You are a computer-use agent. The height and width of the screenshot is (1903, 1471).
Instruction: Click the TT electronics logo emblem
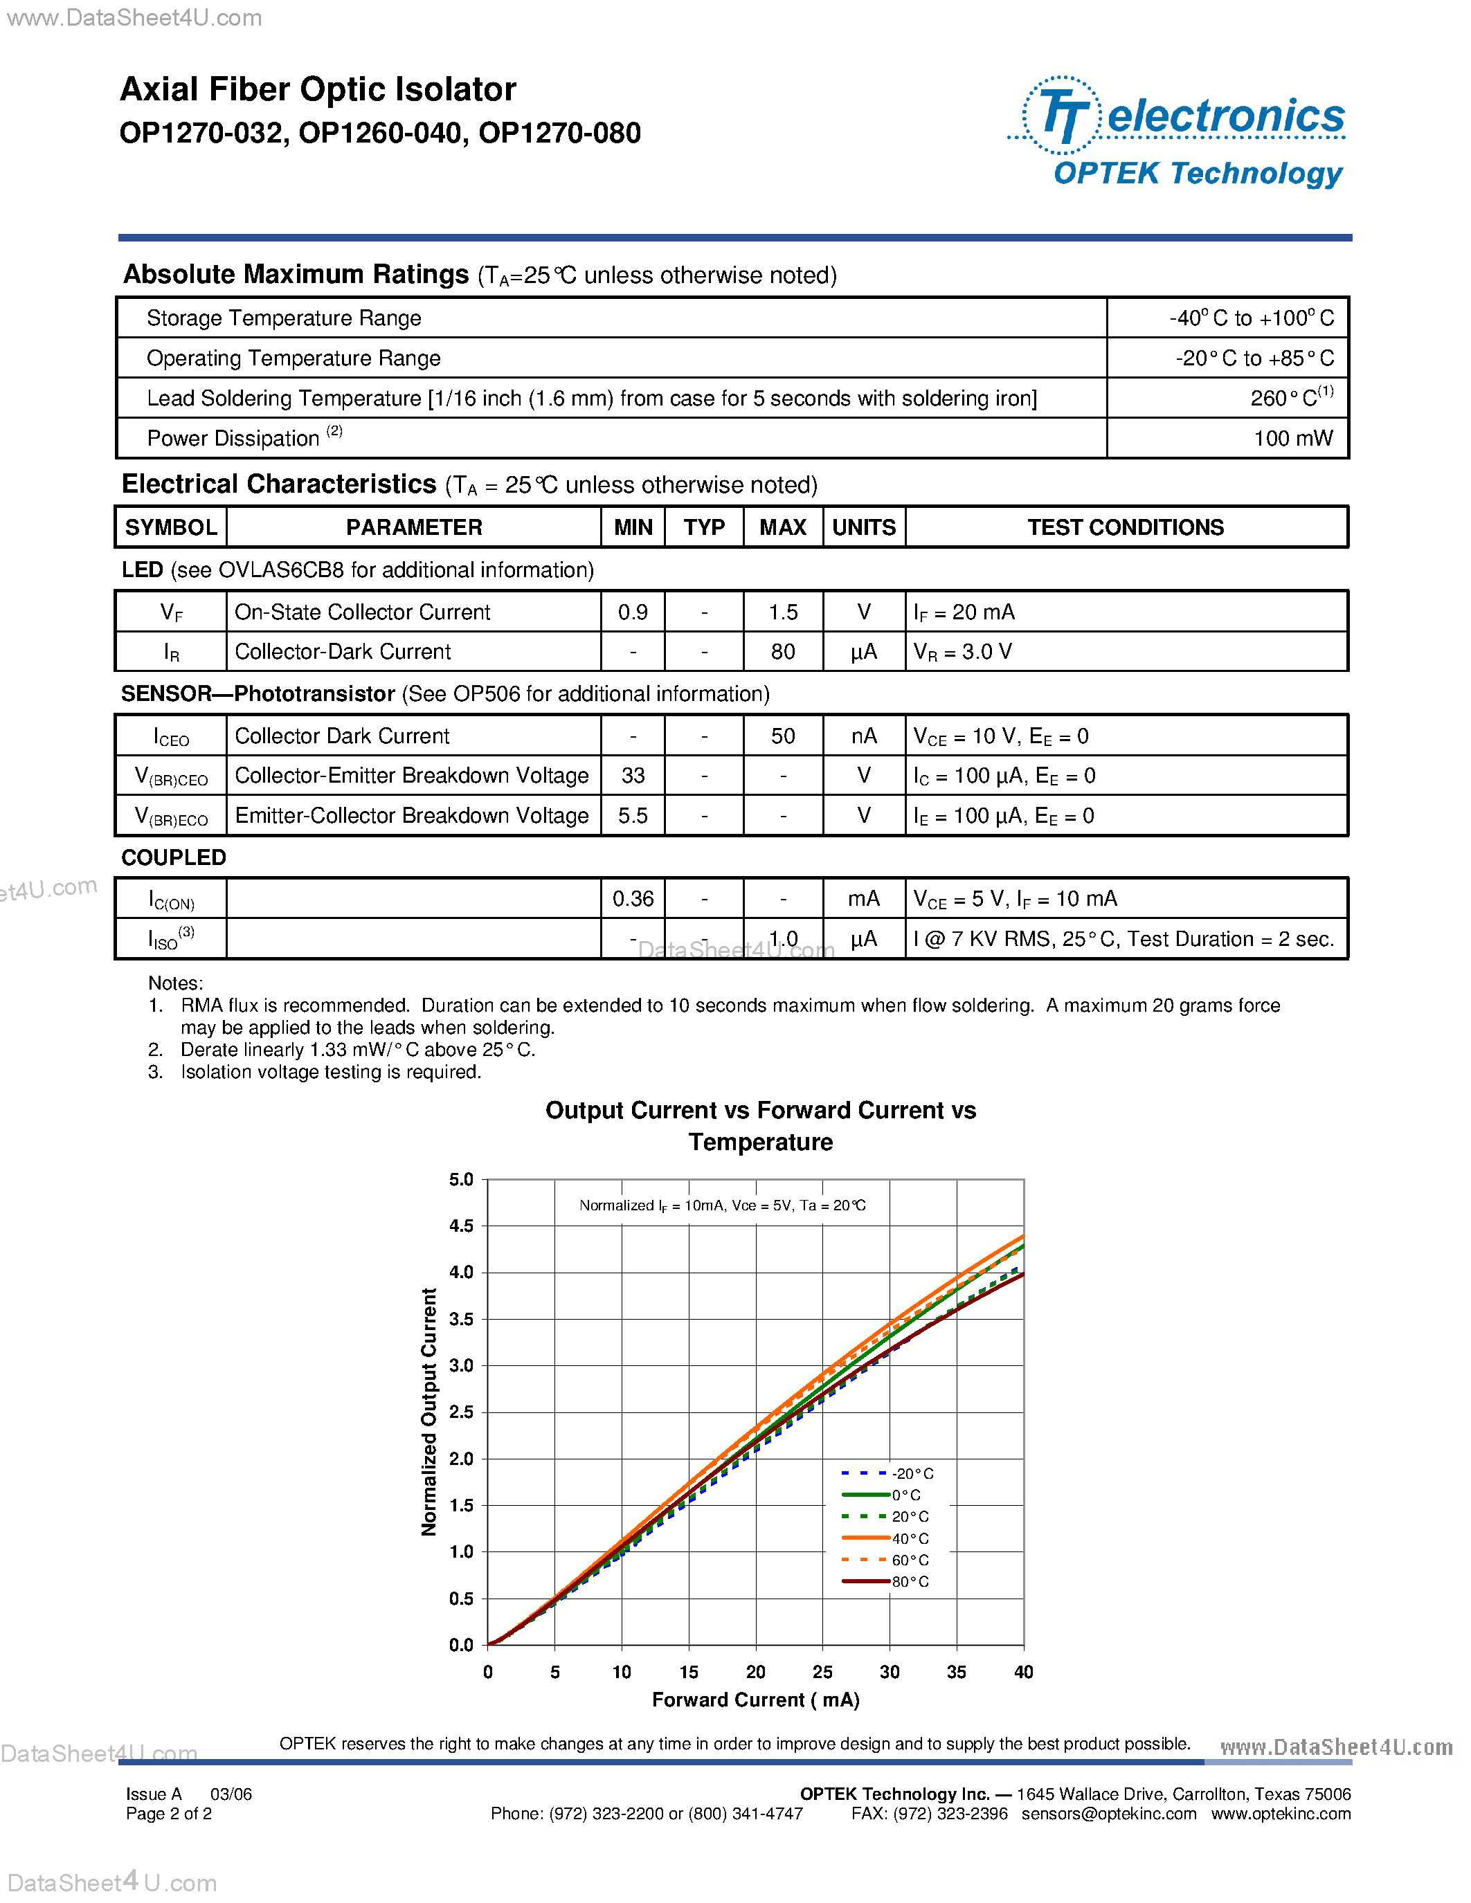tap(1060, 115)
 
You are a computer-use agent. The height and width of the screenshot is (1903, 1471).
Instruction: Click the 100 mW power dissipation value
tap(1292, 438)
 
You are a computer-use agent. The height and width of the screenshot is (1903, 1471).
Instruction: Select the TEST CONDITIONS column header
tap(1125, 527)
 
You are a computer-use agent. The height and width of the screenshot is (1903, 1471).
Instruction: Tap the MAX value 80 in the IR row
tap(782, 652)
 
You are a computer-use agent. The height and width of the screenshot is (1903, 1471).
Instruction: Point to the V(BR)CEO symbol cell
tap(171, 776)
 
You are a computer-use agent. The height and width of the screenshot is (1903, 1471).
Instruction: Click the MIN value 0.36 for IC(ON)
tap(633, 898)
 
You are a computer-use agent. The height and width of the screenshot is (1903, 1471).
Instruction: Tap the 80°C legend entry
tap(885, 1581)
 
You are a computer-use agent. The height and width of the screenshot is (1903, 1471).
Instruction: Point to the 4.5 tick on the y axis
tap(461, 1226)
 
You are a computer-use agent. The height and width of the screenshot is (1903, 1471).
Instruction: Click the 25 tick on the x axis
tap(822, 1672)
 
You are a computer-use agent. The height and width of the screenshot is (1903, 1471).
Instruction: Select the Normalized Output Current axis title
tap(428, 1412)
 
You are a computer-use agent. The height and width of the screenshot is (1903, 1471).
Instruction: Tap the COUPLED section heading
tap(174, 857)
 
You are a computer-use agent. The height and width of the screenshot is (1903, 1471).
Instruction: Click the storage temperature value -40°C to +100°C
tap(1251, 318)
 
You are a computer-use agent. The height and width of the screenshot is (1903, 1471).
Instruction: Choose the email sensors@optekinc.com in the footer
tap(1108, 1813)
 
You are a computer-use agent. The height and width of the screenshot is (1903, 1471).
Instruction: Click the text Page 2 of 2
tap(169, 1813)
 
